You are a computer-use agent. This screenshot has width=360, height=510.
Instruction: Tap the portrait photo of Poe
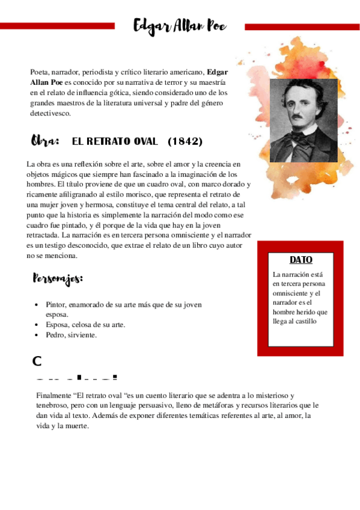tap(303, 120)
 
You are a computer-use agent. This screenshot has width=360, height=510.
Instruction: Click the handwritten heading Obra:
tap(45, 141)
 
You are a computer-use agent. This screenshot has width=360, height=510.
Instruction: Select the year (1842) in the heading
tap(185, 141)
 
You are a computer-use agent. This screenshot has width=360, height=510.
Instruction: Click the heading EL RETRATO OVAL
tap(114, 141)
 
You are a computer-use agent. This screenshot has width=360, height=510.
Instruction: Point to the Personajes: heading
tap(58, 279)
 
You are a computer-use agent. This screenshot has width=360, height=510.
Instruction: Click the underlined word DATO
tap(301, 260)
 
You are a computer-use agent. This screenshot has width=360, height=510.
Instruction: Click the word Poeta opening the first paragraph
tap(39, 72)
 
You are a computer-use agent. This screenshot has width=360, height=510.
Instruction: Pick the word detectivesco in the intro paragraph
tap(50, 113)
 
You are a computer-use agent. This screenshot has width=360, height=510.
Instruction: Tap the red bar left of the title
tap(57, 26)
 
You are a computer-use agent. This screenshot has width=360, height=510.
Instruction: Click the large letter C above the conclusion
tap(37, 361)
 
